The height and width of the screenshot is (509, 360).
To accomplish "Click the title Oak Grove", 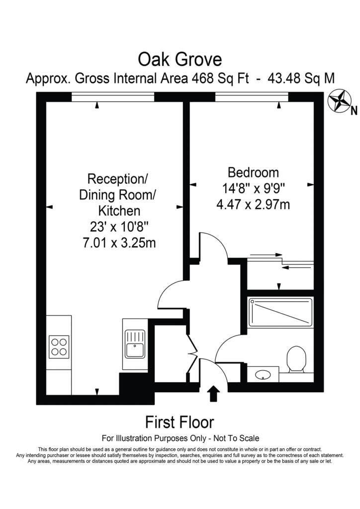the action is point(180,60).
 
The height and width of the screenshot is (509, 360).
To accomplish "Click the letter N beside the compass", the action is point(354,111).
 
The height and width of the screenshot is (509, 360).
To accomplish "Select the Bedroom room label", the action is point(253,172).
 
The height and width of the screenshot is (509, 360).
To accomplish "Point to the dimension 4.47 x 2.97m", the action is point(253,204).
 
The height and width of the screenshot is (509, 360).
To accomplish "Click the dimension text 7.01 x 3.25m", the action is point(119,243).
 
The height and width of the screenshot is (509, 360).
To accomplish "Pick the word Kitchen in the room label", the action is point(119,211).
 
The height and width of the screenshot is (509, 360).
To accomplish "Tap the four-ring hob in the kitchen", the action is point(59,347).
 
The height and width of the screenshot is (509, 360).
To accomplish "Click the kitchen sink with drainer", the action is point(135,344).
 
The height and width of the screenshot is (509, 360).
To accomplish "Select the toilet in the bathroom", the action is point(296,359).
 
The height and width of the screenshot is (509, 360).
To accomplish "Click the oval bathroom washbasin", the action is point(263,375).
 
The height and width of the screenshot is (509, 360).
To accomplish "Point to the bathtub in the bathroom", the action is point(281,312).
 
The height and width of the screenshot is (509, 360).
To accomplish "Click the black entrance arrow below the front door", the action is point(213,394).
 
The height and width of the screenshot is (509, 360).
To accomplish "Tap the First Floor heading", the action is point(180,423).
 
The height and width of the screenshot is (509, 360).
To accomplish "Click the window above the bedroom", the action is point(252,97).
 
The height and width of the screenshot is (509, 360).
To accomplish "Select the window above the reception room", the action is point(113,97).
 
